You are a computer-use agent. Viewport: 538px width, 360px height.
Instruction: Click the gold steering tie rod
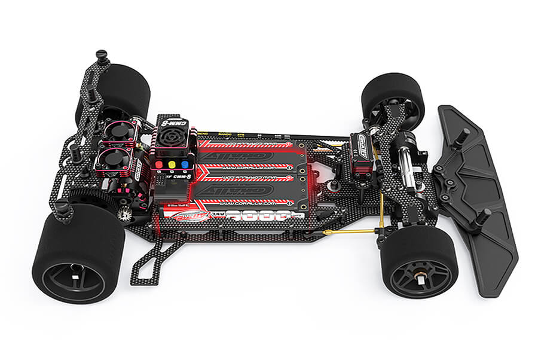[x=353, y=230]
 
